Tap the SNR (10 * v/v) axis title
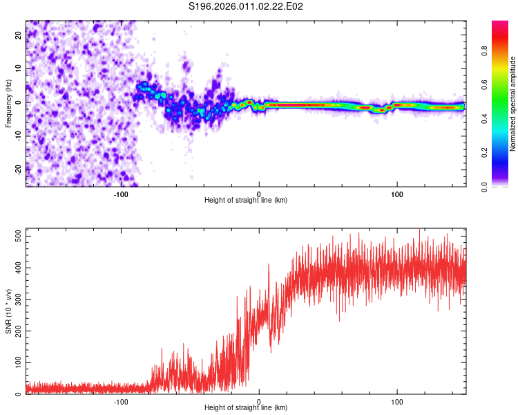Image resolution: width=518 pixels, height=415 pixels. [8, 311]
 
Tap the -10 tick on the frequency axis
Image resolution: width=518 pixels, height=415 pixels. [18, 136]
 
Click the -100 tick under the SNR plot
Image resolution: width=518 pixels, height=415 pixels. [121, 402]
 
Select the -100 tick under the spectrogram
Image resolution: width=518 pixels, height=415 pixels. [121, 194]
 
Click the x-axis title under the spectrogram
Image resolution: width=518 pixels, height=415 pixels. [246, 201]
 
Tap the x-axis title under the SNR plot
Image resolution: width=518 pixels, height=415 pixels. [246, 408]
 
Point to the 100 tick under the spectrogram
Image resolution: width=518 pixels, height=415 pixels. [397, 194]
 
